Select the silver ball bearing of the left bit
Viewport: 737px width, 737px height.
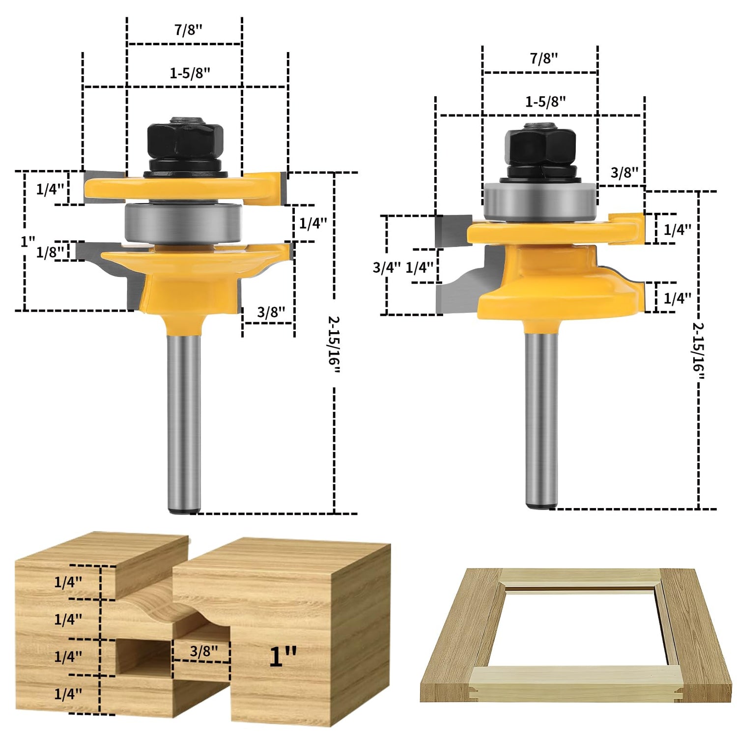(x=183, y=222)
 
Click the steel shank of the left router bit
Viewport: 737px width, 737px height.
(x=184, y=423)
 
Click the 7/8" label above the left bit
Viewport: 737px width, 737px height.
(x=188, y=30)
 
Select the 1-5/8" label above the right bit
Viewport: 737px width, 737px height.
(x=545, y=102)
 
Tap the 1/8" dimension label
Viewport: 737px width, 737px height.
(x=50, y=252)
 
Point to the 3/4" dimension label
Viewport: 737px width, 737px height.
(x=387, y=267)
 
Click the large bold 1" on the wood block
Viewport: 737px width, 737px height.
(x=283, y=656)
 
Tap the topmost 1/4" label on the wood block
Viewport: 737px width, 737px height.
(x=68, y=582)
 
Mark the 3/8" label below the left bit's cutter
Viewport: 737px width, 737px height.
(x=271, y=312)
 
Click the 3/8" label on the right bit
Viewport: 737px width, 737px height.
(x=624, y=172)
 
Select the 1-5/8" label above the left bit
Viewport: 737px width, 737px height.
(x=190, y=73)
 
